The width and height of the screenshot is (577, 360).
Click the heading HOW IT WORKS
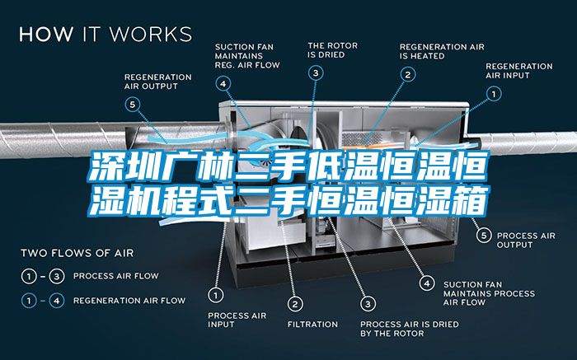tap(106, 34)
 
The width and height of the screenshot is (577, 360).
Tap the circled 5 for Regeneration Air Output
tap(133, 105)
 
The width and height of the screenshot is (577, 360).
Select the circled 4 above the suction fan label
tap(223, 84)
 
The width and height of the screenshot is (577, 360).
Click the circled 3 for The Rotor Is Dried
tap(316, 73)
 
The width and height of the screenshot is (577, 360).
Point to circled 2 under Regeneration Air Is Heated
tap(408, 75)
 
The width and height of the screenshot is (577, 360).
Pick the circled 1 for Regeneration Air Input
tap(494, 94)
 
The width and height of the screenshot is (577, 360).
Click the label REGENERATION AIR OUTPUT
tap(158, 82)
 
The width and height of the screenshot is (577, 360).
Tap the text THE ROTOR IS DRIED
tap(333, 50)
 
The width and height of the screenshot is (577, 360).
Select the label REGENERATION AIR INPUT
tap(518, 71)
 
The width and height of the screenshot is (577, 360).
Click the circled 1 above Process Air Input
tap(216, 295)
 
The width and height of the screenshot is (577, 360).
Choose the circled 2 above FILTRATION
tap(295, 304)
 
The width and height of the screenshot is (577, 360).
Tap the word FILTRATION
tap(312, 325)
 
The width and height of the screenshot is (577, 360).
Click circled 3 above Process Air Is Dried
tap(368, 304)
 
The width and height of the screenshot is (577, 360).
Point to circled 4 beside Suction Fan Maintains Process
tap(427, 283)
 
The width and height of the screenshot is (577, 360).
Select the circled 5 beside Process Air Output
tap(484, 236)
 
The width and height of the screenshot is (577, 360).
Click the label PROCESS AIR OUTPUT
tap(526, 240)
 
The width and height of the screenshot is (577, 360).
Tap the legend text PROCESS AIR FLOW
tap(116, 276)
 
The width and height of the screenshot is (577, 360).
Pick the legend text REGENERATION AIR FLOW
tap(129, 301)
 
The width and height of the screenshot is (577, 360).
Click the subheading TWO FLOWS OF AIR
tap(77, 253)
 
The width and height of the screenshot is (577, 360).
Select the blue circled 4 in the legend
tap(57, 301)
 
